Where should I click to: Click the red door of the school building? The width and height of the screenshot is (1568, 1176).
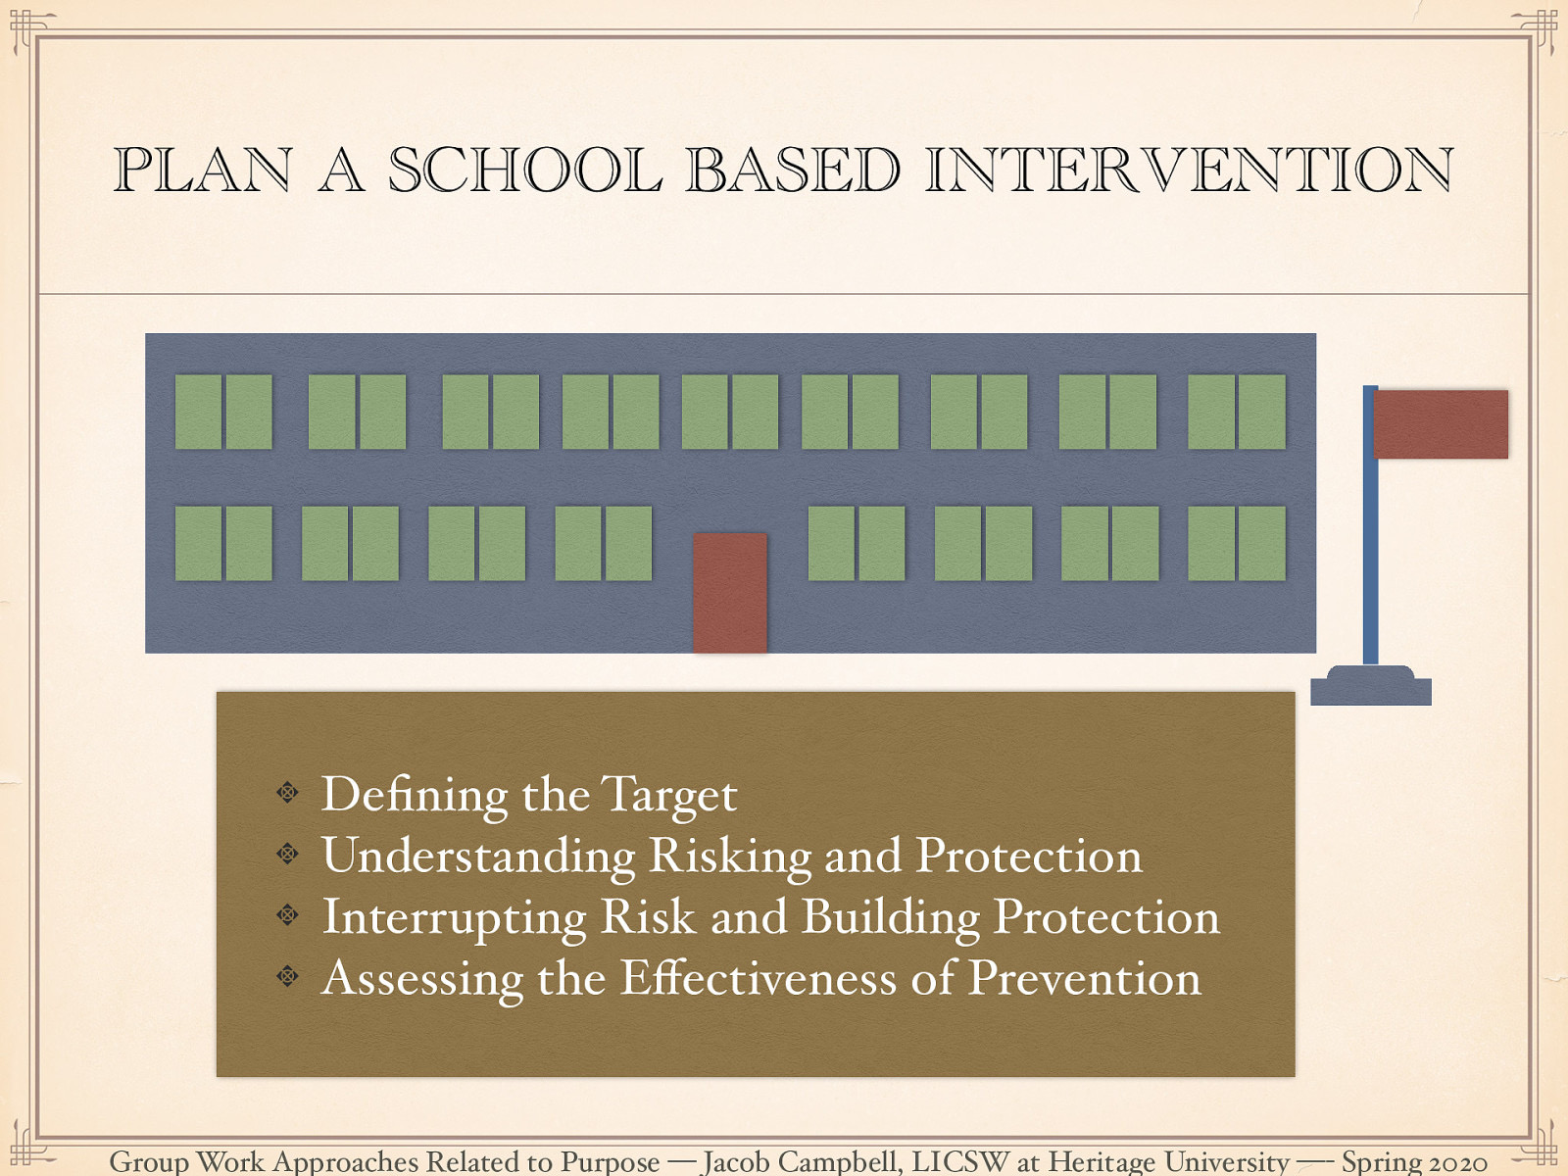[x=730, y=592]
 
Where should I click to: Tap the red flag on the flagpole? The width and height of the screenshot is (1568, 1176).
[x=1440, y=424]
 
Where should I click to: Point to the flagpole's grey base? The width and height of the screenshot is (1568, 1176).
[x=1370, y=687]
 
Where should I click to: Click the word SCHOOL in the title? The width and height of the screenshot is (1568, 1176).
[x=525, y=170]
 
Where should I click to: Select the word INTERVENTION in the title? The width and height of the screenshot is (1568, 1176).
[x=1188, y=170]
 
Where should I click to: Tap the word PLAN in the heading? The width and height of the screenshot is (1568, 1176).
[x=203, y=170]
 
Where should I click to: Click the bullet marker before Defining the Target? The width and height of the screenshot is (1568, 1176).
[x=287, y=792]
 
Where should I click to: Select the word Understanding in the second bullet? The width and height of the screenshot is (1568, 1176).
[x=478, y=857]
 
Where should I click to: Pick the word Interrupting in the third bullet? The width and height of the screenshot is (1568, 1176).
[x=455, y=918]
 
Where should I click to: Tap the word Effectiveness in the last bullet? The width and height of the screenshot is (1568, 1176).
[x=758, y=978]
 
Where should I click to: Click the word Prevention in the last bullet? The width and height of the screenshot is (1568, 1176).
[x=1084, y=978]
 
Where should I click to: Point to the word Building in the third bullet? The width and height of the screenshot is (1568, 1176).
[x=890, y=918]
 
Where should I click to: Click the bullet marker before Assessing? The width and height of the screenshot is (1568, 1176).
[x=287, y=975]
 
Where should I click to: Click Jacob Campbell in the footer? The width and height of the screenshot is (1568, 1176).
[x=801, y=1162]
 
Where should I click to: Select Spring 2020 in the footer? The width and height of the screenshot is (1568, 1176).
[x=1413, y=1162]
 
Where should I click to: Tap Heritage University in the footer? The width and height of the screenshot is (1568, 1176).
[x=1168, y=1162]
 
